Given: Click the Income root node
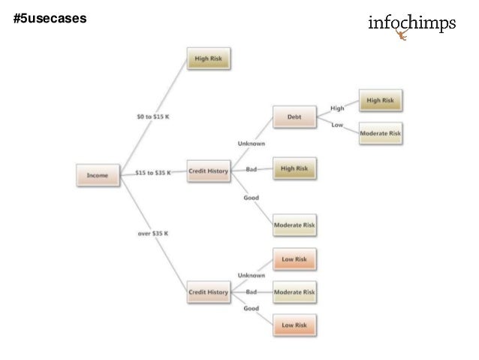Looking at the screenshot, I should click(x=98, y=175).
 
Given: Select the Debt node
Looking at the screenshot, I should click(x=294, y=117).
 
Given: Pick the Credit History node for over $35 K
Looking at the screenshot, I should click(x=208, y=292).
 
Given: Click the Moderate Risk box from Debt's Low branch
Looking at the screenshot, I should click(x=381, y=134).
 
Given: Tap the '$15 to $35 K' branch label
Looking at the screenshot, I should click(x=152, y=173).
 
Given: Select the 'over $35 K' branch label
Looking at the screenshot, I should click(x=152, y=233).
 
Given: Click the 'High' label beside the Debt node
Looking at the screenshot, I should click(x=337, y=108).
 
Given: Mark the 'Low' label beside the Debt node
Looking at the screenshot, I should click(x=337, y=125).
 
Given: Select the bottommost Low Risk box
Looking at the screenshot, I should click(x=294, y=325).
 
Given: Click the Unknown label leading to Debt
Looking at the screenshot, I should click(x=251, y=143).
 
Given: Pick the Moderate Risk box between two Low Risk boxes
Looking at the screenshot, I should click(x=294, y=291).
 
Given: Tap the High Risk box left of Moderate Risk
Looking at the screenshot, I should click(x=294, y=169).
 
